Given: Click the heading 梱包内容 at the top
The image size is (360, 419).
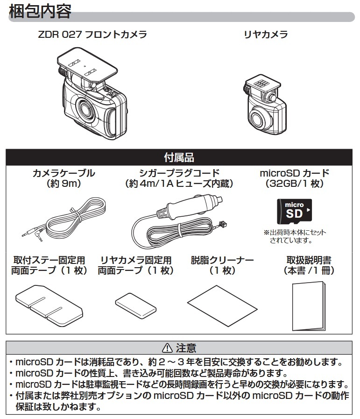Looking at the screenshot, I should pyautogui.click(x=40, y=11).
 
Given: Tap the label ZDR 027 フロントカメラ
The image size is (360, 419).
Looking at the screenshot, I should pyautogui.click(x=92, y=35).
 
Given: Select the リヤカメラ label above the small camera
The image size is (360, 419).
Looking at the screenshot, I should pyautogui.click(x=266, y=35).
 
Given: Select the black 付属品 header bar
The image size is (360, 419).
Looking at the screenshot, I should pyautogui.click(x=179, y=156).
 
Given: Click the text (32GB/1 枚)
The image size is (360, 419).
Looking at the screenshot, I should pyautogui.click(x=294, y=184).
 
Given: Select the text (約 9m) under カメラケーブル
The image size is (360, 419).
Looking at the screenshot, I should pyautogui.click(x=64, y=184).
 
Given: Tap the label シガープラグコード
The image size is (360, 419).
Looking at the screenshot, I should pyautogui.click(x=179, y=173).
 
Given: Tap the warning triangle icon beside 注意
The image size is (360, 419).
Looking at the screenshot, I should pyautogui.click(x=166, y=348).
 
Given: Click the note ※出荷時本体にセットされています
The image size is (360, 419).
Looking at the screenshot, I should pyautogui.click(x=294, y=236).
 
